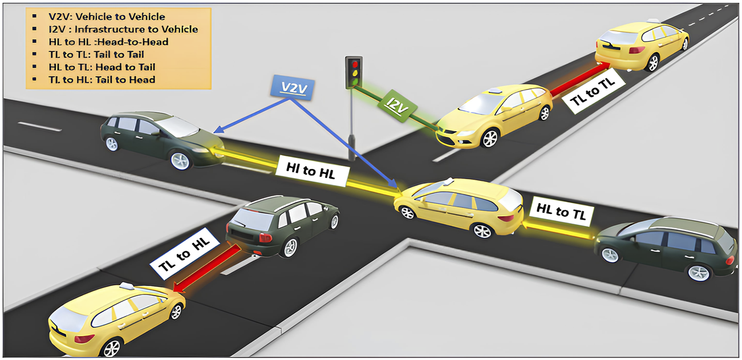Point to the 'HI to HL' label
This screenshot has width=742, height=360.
tap(311, 169)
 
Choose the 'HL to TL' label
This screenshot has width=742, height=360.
tap(562, 212)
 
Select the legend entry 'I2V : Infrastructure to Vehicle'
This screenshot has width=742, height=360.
tap(123, 29)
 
